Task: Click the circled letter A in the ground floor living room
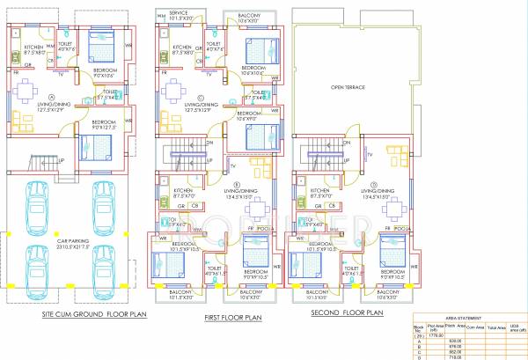coord(52,98)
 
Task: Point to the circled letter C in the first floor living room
coord(202,98)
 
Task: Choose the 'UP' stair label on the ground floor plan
coord(61,160)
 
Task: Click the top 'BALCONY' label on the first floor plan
coord(249,14)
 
